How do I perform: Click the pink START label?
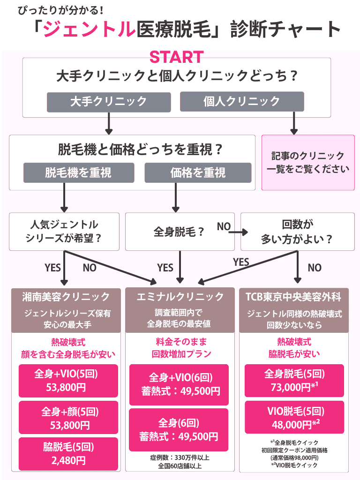pos(176,57)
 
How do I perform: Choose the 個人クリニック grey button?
pos(241,101)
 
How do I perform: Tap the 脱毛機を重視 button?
pos(78,172)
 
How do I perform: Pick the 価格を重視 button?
pos(198,172)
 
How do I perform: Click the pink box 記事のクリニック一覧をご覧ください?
pos(307,162)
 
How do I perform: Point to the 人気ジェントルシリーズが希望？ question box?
pos(64,232)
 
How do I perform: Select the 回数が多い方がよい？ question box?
pos(297,232)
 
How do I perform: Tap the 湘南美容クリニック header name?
pos(66,297)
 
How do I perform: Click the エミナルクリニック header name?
pos(180,297)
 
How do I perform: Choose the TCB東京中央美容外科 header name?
pos(293,297)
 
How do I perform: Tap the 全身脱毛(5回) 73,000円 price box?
pos(293,380)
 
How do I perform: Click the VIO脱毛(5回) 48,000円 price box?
pos(293,417)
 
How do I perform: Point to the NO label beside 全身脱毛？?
pos(224,227)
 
